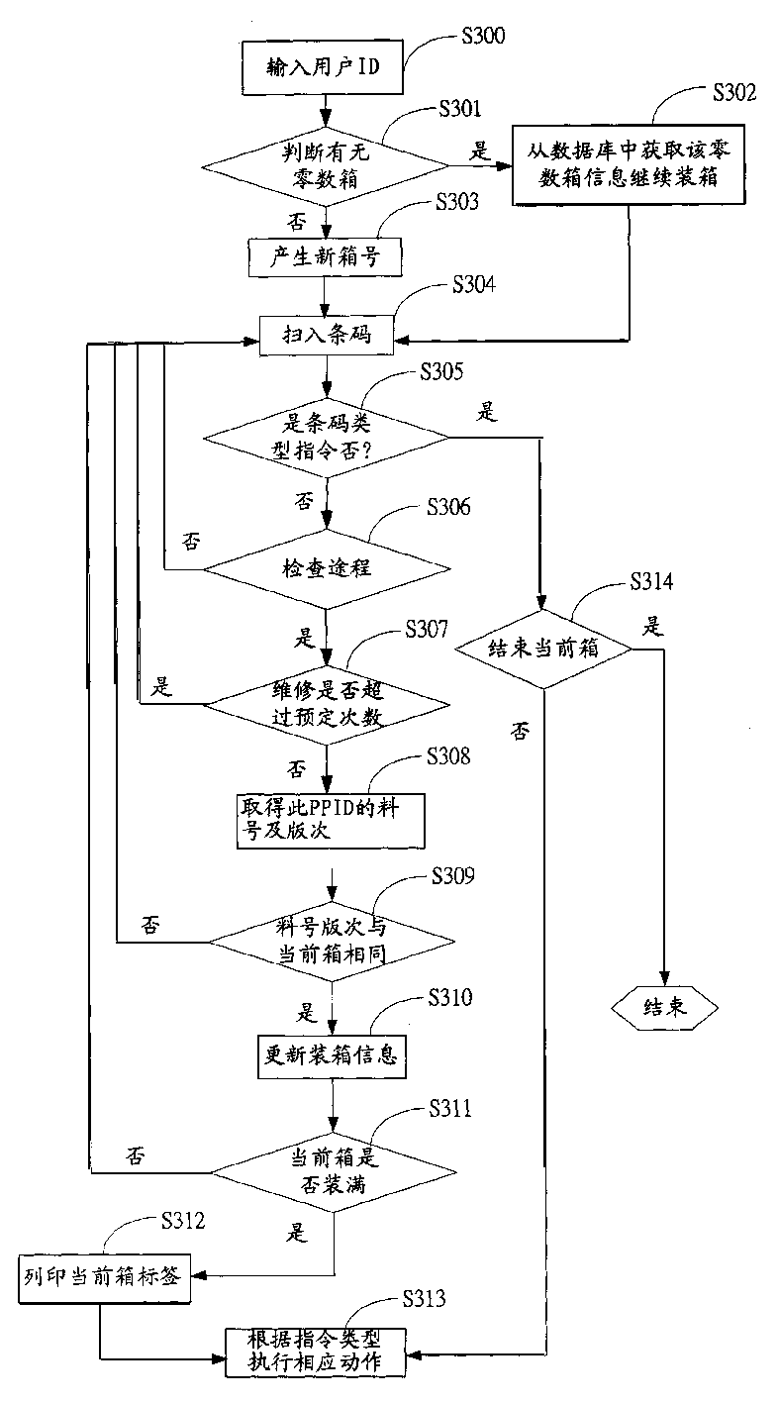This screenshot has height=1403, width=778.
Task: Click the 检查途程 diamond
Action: tap(326, 569)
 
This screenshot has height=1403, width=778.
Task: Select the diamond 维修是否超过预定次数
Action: tap(326, 705)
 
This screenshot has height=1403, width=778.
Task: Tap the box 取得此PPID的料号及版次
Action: tap(326, 818)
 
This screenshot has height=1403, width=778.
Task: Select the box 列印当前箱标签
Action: tap(101, 1273)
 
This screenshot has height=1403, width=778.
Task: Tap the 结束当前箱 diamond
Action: tap(542, 650)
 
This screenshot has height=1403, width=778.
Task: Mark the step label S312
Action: tap(179, 1221)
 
